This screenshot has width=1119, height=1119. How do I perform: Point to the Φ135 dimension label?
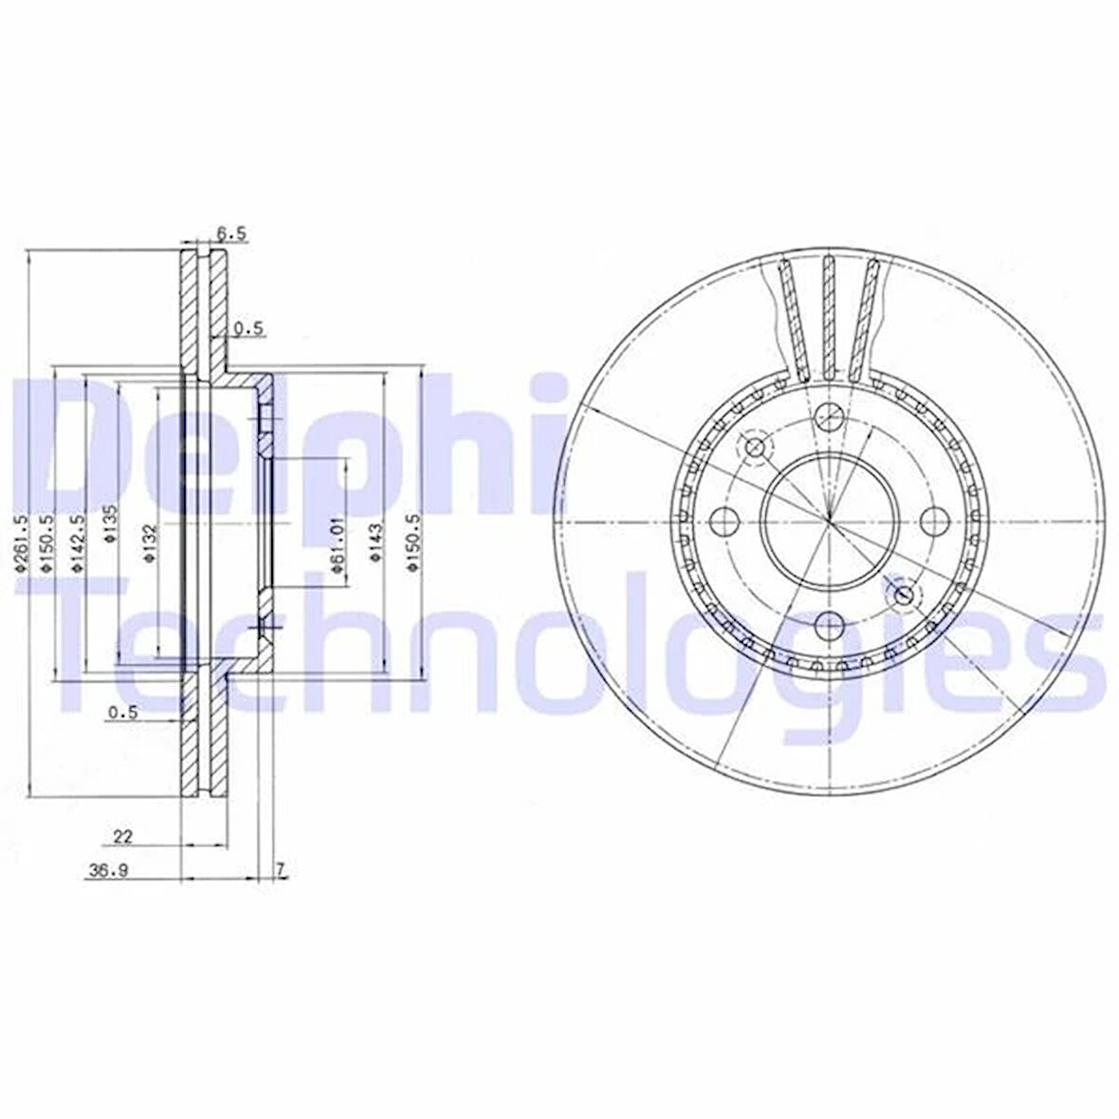pyautogui.click(x=113, y=523)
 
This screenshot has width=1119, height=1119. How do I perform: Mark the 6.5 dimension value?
pyautogui.click(x=231, y=231)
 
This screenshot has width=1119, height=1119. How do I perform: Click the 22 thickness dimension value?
pyautogui.click(x=122, y=835)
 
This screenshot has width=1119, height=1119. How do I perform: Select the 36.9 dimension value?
pyautogui.click(x=108, y=873)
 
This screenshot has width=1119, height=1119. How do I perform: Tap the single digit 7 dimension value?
pyautogui.click(x=281, y=869)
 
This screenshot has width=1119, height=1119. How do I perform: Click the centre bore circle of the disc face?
pyautogui.click(x=829, y=520)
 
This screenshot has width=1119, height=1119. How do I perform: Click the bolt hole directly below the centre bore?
pyautogui.click(x=830, y=626)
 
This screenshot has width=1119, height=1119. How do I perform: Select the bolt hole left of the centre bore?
pyautogui.click(x=725, y=520)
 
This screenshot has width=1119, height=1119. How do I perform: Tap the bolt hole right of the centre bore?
pyautogui.click(x=936, y=520)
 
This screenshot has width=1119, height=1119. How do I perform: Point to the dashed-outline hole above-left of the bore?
pyautogui.click(x=756, y=447)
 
